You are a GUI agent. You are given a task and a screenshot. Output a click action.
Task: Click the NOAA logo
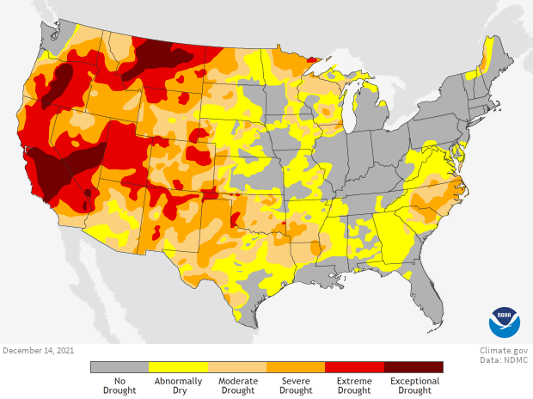(x=505, y=322)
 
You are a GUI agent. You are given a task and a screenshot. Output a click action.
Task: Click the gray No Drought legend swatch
(x=119, y=367)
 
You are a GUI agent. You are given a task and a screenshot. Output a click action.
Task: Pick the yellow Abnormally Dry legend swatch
(x=178, y=367)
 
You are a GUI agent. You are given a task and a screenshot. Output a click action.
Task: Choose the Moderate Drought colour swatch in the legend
(x=237, y=367)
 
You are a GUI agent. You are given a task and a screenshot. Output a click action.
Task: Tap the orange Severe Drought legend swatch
(x=296, y=367)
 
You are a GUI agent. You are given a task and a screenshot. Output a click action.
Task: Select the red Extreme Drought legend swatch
(x=354, y=367)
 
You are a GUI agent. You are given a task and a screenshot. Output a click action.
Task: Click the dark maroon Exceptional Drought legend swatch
(x=414, y=367)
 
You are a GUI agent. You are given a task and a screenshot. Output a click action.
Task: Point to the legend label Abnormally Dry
(x=178, y=385)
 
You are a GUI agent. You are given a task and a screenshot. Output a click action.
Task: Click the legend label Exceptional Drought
(x=414, y=385)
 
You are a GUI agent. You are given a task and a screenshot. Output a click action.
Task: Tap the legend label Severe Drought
(x=296, y=385)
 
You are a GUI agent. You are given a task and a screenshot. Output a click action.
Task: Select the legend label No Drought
(x=119, y=385)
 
